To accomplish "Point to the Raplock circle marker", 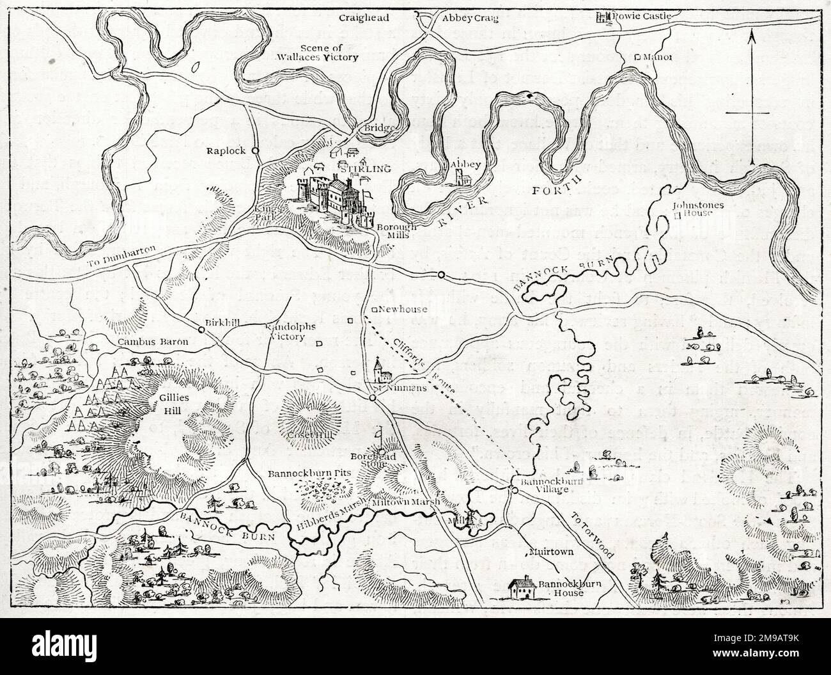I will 255,151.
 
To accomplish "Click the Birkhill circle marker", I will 201,330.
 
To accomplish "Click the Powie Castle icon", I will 602,17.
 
